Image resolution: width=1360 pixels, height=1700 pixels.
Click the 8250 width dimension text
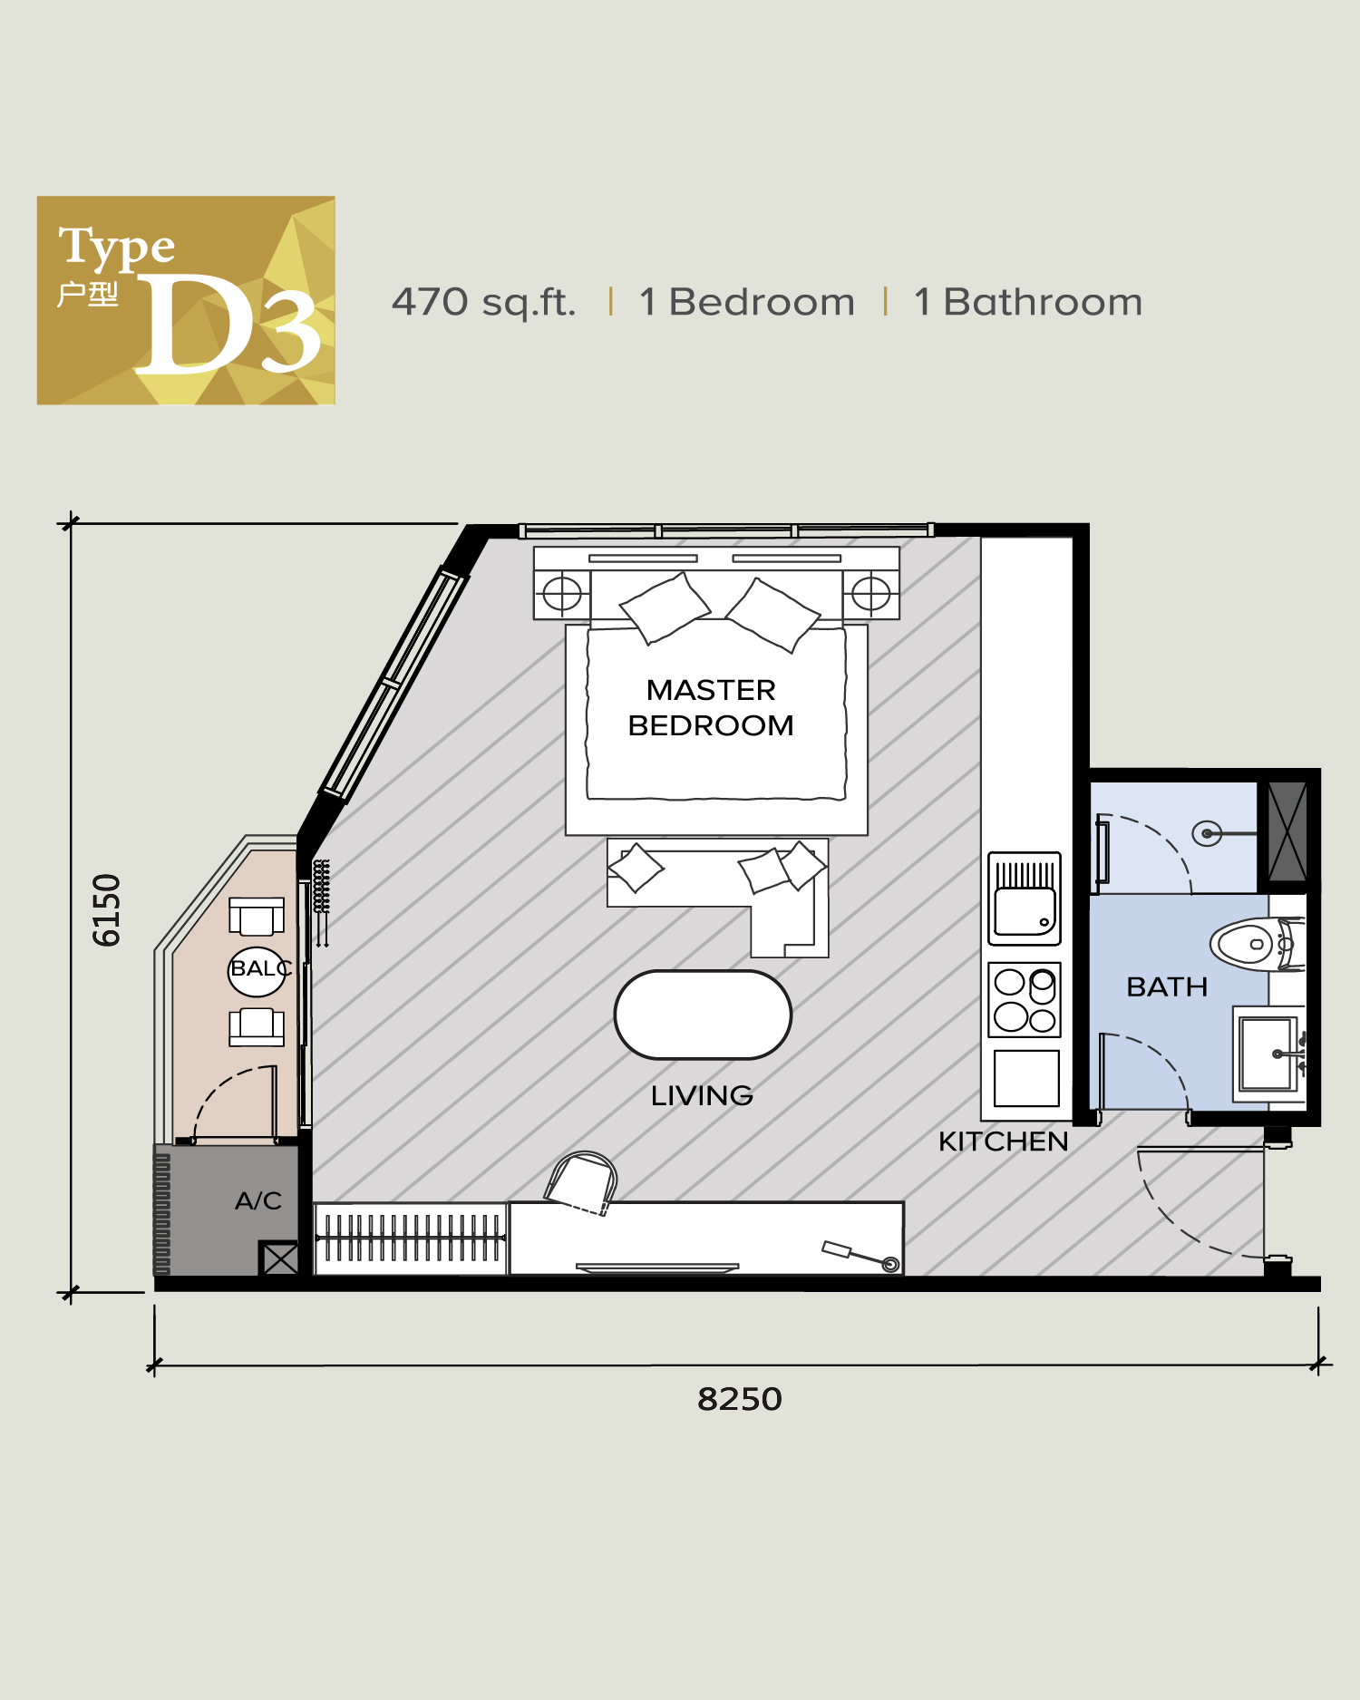coord(739,1399)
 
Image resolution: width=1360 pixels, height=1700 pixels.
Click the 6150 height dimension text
coord(107,909)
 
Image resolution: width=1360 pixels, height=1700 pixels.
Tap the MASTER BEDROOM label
coord(711,707)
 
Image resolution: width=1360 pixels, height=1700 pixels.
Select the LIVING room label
coord(702,1095)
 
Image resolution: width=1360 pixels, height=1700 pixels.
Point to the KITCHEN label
coord(1003,1141)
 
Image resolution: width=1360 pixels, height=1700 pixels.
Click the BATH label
coord(1167,986)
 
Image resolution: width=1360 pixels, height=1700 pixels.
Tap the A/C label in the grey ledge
coord(258,1200)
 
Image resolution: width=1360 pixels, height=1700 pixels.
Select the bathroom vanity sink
coord(1268,1054)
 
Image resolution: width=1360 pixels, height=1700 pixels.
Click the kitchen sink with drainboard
coord(1025,899)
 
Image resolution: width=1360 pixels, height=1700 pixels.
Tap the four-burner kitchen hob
coord(1025,999)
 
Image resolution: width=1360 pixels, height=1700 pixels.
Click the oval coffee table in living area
coord(703,1015)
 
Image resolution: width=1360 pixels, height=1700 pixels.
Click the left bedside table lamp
coord(562,594)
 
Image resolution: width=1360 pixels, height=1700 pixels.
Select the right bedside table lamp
coord(871,594)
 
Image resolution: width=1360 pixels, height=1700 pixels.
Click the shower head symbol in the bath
coord(1207,833)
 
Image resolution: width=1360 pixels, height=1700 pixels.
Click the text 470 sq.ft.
coord(483,302)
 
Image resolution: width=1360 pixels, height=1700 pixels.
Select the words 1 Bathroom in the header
coord(1028,302)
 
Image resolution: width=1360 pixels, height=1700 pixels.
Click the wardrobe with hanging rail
coord(410,1239)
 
